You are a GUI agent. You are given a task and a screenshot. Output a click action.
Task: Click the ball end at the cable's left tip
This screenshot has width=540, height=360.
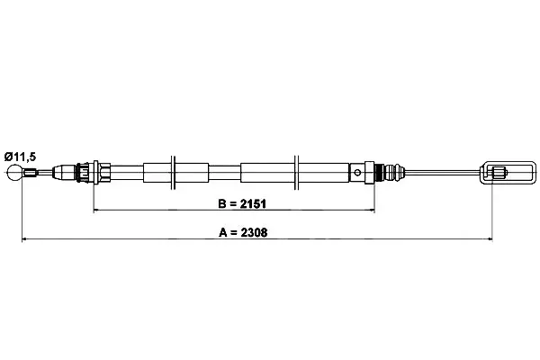[x=14, y=172]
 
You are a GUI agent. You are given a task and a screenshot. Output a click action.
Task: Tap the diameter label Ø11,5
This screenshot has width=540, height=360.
[x=20, y=157]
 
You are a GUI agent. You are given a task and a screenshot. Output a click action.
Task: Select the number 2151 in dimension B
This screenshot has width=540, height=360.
[x=253, y=204]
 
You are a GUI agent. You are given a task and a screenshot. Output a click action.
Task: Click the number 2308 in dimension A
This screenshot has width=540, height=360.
[x=254, y=232]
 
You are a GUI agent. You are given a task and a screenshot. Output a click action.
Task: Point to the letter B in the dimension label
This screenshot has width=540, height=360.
[x=222, y=204]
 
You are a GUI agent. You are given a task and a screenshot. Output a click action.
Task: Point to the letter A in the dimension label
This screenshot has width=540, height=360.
[x=223, y=232]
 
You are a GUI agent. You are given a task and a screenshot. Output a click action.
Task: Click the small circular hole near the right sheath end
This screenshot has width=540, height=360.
[x=357, y=172]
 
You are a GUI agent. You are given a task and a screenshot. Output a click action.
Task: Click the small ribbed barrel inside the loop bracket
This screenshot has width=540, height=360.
[x=499, y=172]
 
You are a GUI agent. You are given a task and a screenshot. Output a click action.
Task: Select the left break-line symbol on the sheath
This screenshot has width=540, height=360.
[x=173, y=172]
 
